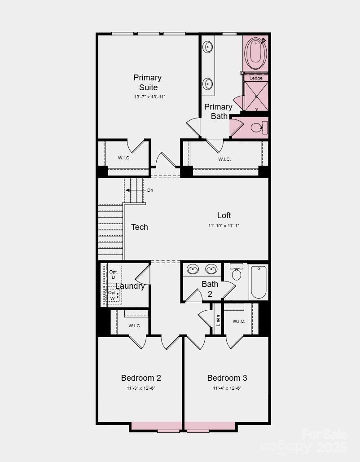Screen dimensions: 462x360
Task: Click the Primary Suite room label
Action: click(147, 83)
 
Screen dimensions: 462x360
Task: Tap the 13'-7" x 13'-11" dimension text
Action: click(149, 97)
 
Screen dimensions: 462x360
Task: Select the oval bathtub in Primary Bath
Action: click(255, 53)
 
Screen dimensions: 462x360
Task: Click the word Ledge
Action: click(256, 78)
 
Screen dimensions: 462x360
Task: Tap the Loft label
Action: click(224, 216)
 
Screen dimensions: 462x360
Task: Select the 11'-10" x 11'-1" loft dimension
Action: click(224, 226)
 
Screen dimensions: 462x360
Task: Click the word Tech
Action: click(139, 227)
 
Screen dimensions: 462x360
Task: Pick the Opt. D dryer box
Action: click(114, 274)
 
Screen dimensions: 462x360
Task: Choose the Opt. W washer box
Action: click(113, 295)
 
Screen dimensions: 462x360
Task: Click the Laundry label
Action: click(130, 286)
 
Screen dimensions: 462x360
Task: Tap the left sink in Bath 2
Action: click(193, 269)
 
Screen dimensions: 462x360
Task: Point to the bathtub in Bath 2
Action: click(259, 282)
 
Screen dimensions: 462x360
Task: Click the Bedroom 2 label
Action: click(141, 378)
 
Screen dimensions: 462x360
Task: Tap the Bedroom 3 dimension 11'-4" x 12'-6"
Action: click(227, 388)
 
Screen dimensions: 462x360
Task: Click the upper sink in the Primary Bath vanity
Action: click(208, 47)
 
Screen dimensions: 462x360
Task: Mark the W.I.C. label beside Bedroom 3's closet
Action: click(239, 321)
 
